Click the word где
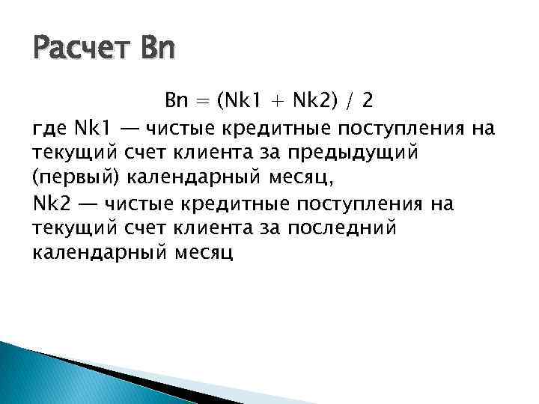[50, 129]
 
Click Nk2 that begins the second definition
[51, 203]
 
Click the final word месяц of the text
[204, 254]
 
